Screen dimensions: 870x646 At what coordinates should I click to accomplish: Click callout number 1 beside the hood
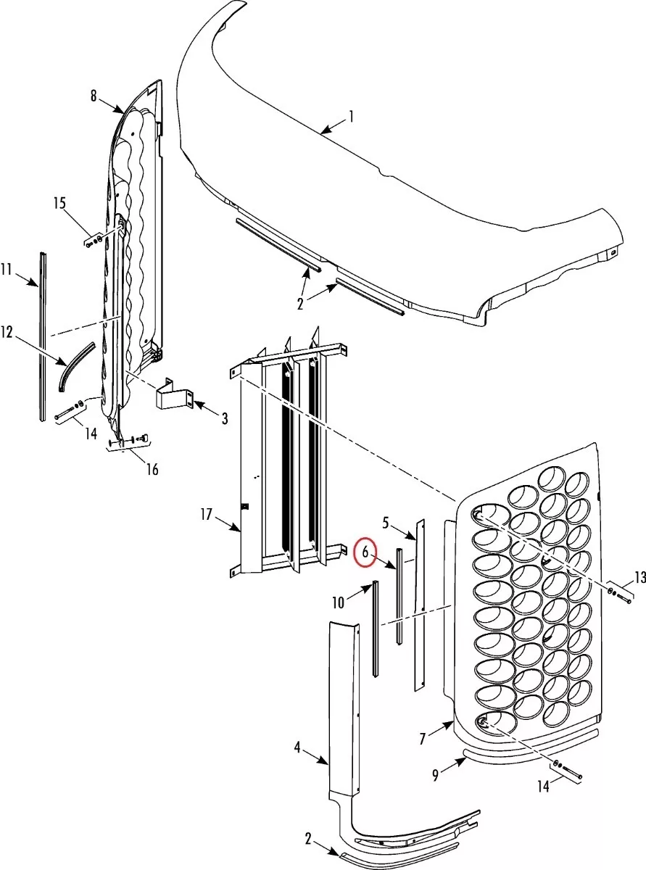tap(352, 115)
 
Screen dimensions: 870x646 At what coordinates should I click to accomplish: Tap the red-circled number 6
tap(366, 552)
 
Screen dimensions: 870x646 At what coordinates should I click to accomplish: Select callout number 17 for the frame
tap(206, 515)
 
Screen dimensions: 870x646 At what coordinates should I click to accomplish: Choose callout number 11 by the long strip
tap(7, 270)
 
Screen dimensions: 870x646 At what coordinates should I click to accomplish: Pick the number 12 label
tap(7, 332)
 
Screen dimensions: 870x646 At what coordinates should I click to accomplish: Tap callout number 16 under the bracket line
tap(152, 469)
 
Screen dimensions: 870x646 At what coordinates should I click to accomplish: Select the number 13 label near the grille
tap(639, 577)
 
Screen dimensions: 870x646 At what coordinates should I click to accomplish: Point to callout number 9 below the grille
tap(435, 775)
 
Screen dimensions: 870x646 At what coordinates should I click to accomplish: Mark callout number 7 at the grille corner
tap(423, 739)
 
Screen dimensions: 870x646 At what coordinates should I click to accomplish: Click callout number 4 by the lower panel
tap(297, 747)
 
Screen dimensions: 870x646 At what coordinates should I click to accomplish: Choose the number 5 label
tap(386, 521)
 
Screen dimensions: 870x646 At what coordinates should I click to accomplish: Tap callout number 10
tap(339, 602)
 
